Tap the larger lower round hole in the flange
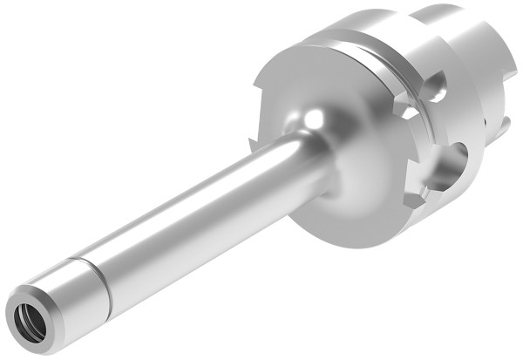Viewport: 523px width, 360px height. pos(454,166)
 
